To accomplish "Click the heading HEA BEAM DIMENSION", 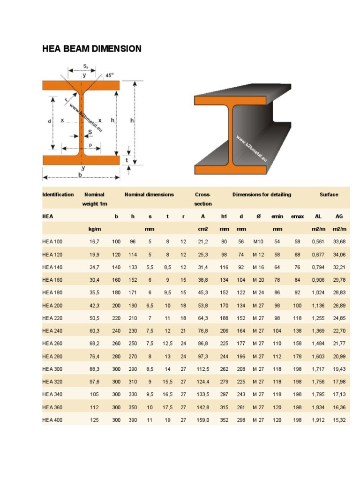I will (x=92, y=49).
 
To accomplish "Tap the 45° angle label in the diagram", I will (x=110, y=75).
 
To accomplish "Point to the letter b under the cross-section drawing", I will (x=80, y=175).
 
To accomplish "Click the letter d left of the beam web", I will (x=49, y=120).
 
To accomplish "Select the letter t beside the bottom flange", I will (x=127, y=160).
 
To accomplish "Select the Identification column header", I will (x=58, y=195).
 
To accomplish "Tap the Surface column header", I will (x=329, y=195).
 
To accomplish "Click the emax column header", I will (x=297, y=217).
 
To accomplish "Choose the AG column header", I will (x=339, y=217).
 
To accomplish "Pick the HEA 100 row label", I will (x=52, y=241).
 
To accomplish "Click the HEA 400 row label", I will (x=52, y=420).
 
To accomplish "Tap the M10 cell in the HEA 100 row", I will (x=259, y=241).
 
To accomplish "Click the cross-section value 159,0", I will (x=203, y=420).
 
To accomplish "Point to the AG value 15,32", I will (x=339, y=420).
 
